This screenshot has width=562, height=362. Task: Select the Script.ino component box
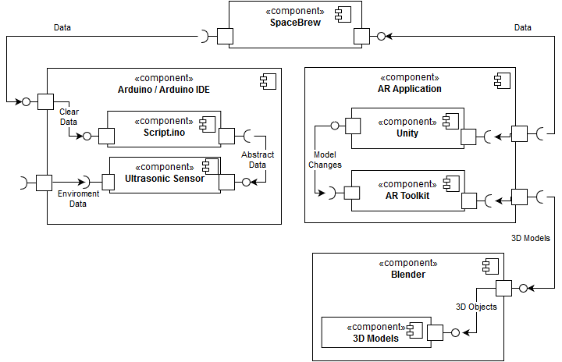coord(163,128)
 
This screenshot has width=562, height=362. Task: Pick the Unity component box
coord(407,126)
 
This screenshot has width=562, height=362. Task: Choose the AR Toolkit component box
coord(407,189)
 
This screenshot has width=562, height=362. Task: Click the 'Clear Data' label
coord(69,117)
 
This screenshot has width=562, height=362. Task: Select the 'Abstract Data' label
coord(258,160)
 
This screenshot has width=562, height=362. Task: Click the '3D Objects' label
coord(475,307)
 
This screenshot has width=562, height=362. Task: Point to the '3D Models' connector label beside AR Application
coord(531,238)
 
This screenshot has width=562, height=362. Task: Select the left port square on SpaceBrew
coord(226,36)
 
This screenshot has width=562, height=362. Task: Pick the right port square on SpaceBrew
coord(361,36)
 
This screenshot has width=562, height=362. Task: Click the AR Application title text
coord(410,89)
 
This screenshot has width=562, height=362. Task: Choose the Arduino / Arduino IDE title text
coord(164,90)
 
